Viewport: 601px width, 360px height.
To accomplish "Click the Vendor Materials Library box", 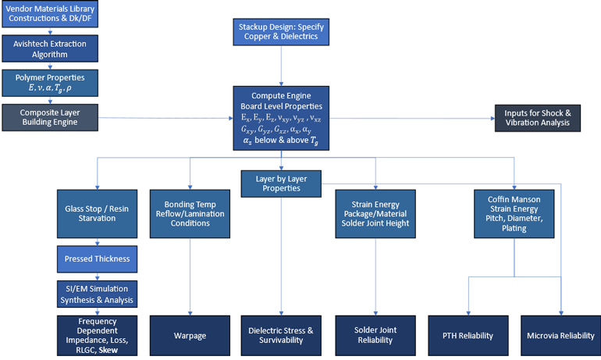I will [49, 13].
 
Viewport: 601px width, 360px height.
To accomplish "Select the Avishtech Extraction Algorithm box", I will [49, 48].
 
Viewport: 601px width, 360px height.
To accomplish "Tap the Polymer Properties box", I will [49, 82].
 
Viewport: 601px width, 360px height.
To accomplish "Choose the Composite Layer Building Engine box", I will [49, 117].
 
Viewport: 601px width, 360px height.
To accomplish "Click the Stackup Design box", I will [282, 32].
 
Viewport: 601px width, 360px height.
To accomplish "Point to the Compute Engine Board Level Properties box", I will [281, 117].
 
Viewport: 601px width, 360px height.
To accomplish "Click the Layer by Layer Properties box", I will [282, 184].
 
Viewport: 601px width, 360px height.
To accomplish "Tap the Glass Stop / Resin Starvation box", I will [96, 212].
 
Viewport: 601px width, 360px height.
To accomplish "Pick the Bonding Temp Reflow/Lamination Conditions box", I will [190, 212].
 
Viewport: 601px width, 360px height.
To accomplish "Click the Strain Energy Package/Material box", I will [375, 212].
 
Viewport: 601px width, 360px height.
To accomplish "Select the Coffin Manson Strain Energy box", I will [515, 212].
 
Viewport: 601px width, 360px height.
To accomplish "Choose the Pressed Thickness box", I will [96, 258].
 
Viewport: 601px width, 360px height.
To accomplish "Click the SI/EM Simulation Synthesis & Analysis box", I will [96, 294].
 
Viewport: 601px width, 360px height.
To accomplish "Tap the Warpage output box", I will [190, 336].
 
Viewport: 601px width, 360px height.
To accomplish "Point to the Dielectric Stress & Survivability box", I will [282, 336].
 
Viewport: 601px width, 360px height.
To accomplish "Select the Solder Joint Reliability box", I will [375, 336].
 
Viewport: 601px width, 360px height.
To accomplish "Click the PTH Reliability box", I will [468, 336].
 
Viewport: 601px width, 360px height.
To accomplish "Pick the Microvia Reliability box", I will [560, 336].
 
